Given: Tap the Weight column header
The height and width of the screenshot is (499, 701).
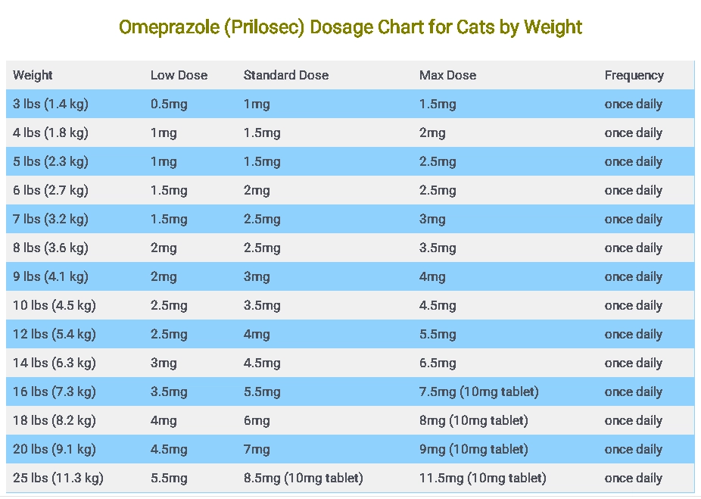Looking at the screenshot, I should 33,75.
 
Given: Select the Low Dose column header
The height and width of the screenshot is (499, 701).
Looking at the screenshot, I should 179,75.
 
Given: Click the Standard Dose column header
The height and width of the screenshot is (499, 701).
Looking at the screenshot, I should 286,75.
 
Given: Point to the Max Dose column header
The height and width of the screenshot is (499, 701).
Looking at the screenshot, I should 447,75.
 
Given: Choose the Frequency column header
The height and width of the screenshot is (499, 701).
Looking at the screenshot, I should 634,75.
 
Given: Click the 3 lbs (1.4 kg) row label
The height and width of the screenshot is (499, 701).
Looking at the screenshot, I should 50,104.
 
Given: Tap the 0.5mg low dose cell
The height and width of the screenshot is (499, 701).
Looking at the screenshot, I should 169,104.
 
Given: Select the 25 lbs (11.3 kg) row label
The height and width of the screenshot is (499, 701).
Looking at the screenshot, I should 58,478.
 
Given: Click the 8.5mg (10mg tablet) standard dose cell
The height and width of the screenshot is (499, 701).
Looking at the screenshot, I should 303,478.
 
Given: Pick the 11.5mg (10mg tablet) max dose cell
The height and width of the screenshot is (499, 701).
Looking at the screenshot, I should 482,478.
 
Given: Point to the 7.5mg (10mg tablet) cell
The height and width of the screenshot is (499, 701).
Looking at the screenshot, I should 478,391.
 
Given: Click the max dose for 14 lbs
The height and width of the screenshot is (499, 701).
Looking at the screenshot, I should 438,363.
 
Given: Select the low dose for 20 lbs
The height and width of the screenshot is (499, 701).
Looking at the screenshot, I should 169,449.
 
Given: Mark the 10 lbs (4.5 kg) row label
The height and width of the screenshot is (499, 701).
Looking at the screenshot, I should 54,305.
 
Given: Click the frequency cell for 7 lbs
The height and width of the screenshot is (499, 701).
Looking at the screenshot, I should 633,219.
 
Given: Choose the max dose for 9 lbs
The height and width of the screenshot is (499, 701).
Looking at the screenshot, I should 432,276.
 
